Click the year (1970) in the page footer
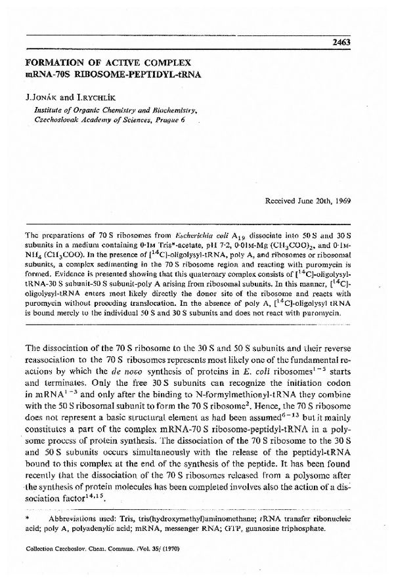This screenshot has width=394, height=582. tap(169, 565)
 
